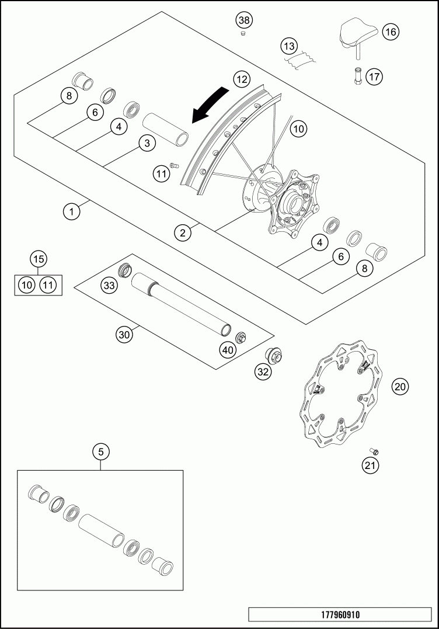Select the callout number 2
click(x=183, y=233)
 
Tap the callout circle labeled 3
click(x=147, y=143)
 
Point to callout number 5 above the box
click(x=101, y=451)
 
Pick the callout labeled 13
click(x=288, y=46)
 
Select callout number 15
click(x=39, y=259)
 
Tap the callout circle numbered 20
click(x=400, y=386)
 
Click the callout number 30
click(x=124, y=335)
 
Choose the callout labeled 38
click(x=244, y=20)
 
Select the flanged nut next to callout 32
click(x=274, y=355)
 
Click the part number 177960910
click(x=340, y=615)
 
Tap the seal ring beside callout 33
click(x=124, y=270)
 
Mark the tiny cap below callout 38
click(x=244, y=34)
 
